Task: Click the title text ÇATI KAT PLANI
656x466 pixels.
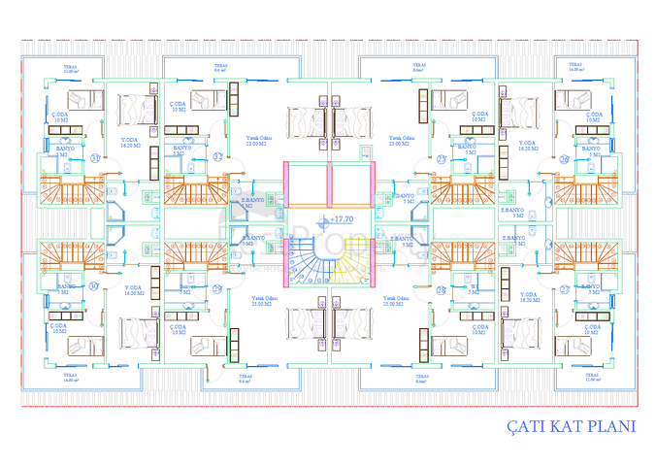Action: point(571,426)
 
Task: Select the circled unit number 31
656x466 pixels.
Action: point(95,158)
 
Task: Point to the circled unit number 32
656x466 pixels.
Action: point(218,157)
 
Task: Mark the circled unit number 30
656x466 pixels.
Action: point(94,286)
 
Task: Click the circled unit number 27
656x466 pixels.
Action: point(565,289)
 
